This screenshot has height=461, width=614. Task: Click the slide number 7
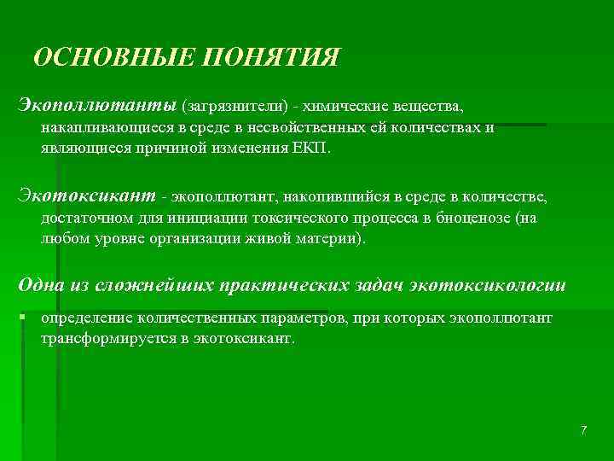click(583, 429)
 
